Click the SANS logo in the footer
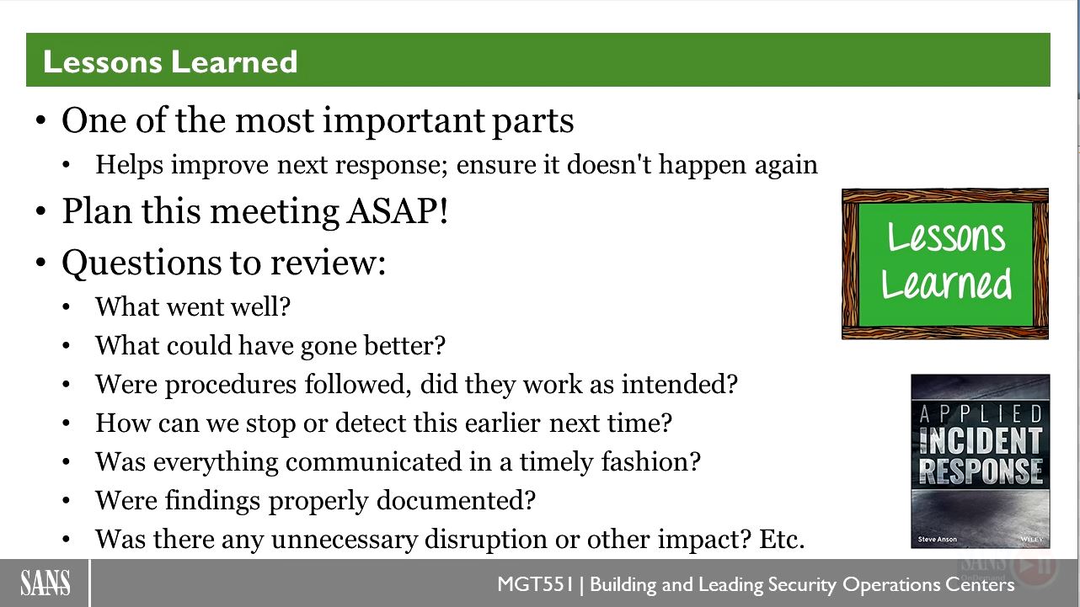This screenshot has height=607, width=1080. click(x=45, y=583)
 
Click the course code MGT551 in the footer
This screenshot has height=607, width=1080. click(x=535, y=584)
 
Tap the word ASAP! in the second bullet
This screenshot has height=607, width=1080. click(x=398, y=211)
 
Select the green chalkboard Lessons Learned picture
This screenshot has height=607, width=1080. click(x=945, y=264)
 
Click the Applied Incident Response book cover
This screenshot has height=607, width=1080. click(x=981, y=461)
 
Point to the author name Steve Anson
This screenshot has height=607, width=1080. click(x=938, y=539)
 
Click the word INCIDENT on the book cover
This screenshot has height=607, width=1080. click(x=981, y=441)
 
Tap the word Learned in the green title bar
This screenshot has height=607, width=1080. click(x=234, y=61)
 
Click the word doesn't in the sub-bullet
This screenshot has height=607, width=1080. click(x=609, y=164)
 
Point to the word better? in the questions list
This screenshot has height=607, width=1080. click(x=404, y=345)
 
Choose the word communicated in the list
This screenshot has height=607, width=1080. click(x=374, y=461)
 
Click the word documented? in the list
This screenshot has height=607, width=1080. click(x=456, y=500)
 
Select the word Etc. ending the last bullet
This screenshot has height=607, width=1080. click(x=782, y=539)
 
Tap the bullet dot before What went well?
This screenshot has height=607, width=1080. click(x=66, y=307)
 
